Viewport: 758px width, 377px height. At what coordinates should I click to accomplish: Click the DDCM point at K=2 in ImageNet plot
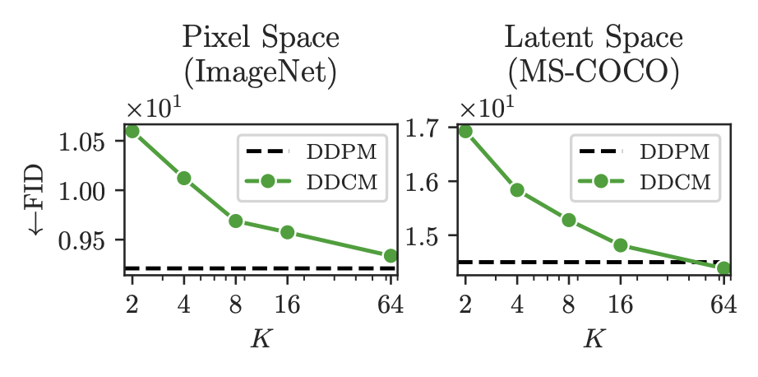coord(132,131)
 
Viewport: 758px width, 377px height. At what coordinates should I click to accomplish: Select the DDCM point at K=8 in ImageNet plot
coord(236,221)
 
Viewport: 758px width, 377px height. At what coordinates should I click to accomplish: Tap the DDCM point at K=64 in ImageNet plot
coord(391,256)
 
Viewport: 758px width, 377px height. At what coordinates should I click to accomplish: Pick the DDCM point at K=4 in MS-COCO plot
coord(517,190)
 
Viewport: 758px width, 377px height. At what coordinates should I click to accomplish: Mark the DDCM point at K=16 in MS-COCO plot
coord(621,245)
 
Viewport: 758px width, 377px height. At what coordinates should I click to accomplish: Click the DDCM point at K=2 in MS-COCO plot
coord(465,131)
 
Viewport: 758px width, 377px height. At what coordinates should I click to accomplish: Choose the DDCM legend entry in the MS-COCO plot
coord(644,183)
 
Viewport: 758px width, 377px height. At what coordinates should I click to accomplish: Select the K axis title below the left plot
coord(261,338)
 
